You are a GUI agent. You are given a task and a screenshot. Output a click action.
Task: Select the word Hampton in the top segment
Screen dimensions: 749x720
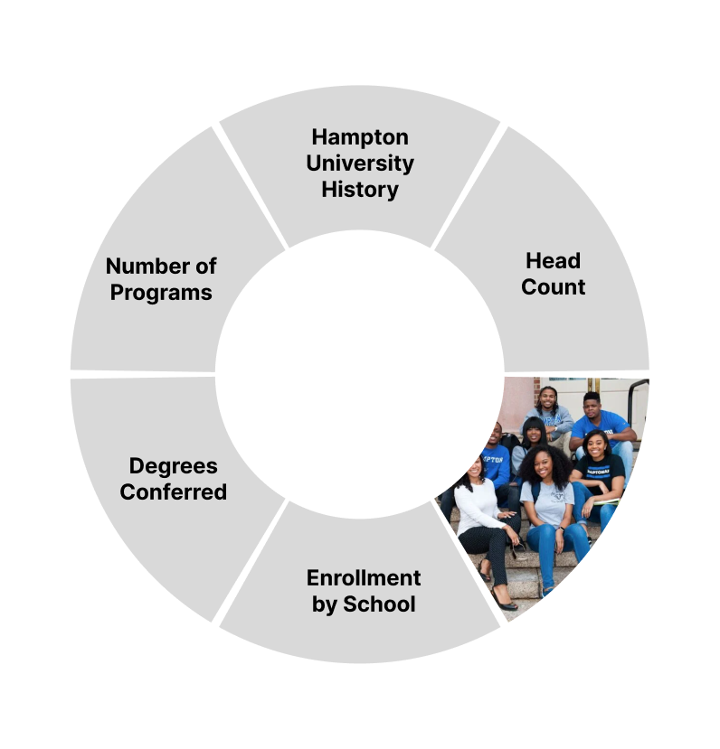click(359, 137)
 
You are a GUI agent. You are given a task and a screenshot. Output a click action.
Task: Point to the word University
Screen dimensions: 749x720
click(359, 164)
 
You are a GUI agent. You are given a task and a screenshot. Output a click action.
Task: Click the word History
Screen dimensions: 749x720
click(359, 190)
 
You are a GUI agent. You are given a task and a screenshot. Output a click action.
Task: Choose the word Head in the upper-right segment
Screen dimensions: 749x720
click(553, 261)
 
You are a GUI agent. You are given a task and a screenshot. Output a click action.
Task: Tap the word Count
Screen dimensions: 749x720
click(553, 287)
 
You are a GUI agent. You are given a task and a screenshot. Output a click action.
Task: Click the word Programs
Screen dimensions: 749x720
click(161, 293)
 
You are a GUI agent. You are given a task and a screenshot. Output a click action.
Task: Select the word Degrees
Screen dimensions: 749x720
click(173, 466)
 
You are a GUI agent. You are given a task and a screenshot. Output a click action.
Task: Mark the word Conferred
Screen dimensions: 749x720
click(173, 492)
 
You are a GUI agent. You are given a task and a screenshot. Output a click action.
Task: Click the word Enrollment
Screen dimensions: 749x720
click(363, 578)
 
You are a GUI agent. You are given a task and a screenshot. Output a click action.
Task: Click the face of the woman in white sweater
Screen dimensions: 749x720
click(472, 469)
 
